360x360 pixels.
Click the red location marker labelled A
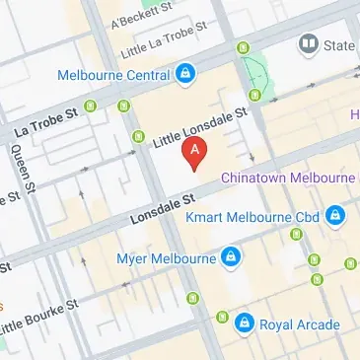195,152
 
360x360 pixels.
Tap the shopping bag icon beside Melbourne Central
185,74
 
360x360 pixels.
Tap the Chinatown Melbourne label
287,177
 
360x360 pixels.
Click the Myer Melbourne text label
167,258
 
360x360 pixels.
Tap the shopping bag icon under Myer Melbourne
230,257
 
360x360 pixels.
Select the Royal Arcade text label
300,324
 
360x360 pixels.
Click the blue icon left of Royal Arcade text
245,324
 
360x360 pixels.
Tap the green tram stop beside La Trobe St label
93,106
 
